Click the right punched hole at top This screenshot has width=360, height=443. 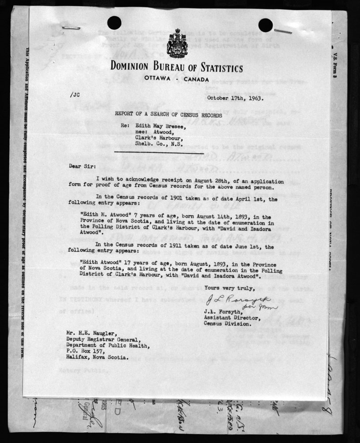point(265,25)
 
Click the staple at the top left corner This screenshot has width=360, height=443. point(71,28)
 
